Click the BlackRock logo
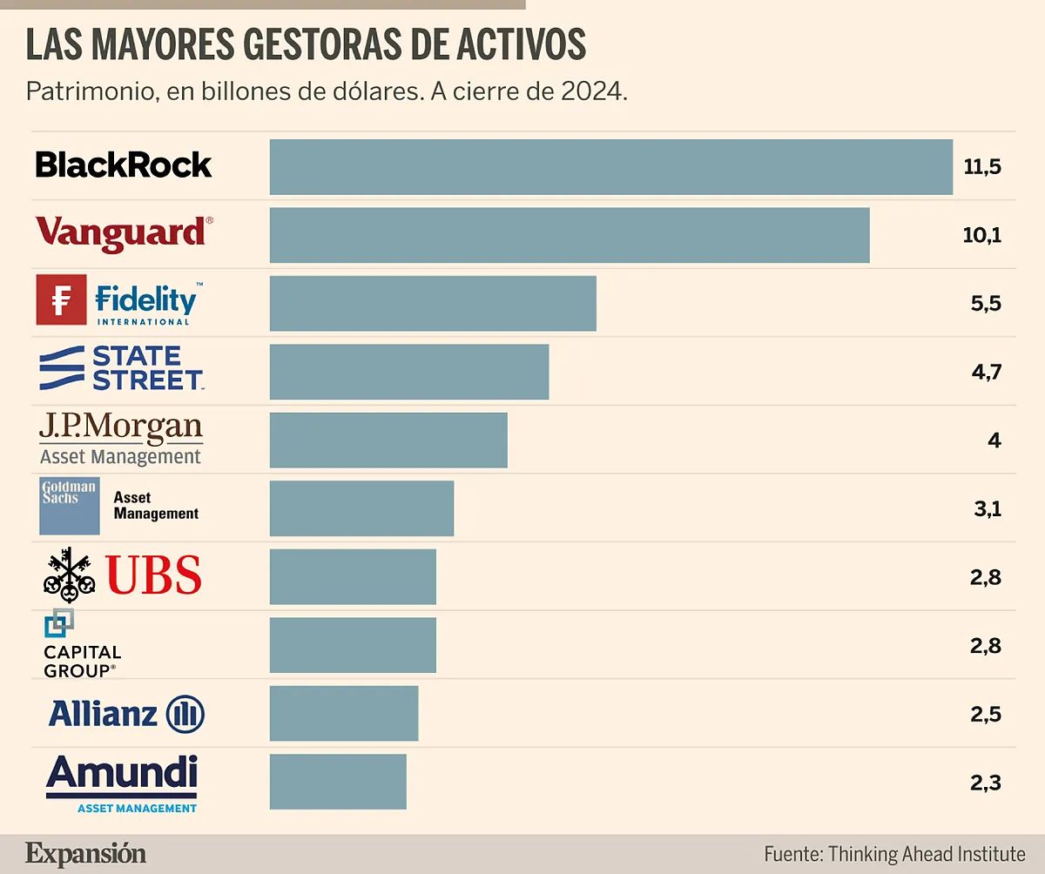tap(123, 165)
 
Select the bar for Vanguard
tap(570, 235)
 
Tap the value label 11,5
tap(982, 166)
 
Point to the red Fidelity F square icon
tap(61, 299)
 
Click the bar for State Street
tap(409, 372)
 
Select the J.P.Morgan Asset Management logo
tap(121, 440)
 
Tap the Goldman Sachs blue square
tap(69, 506)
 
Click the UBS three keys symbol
tap(69, 575)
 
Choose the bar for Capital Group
tap(353, 645)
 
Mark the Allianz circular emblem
tap(185, 715)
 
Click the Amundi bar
tap(338, 782)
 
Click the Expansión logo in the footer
tap(85, 853)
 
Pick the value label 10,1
tap(982, 235)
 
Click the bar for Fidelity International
tap(433, 304)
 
